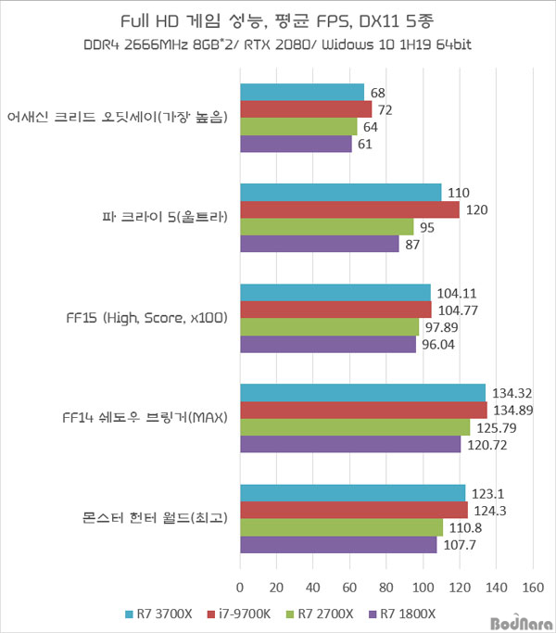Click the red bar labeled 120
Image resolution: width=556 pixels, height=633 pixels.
[x=349, y=209]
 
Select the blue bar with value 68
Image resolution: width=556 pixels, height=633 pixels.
[x=302, y=93]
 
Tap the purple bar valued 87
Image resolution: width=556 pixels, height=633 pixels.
[x=320, y=244]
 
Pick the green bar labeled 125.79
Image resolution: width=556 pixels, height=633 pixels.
[x=355, y=426]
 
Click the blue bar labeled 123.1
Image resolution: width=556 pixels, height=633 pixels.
[x=352, y=492]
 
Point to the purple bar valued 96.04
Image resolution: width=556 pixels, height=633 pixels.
[x=328, y=344]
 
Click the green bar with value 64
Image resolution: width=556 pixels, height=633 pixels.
[x=298, y=127]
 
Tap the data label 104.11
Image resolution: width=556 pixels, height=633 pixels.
[x=454, y=293]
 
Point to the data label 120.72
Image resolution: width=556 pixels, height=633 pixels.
[x=485, y=444]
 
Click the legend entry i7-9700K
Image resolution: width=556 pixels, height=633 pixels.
[x=239, y=613]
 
